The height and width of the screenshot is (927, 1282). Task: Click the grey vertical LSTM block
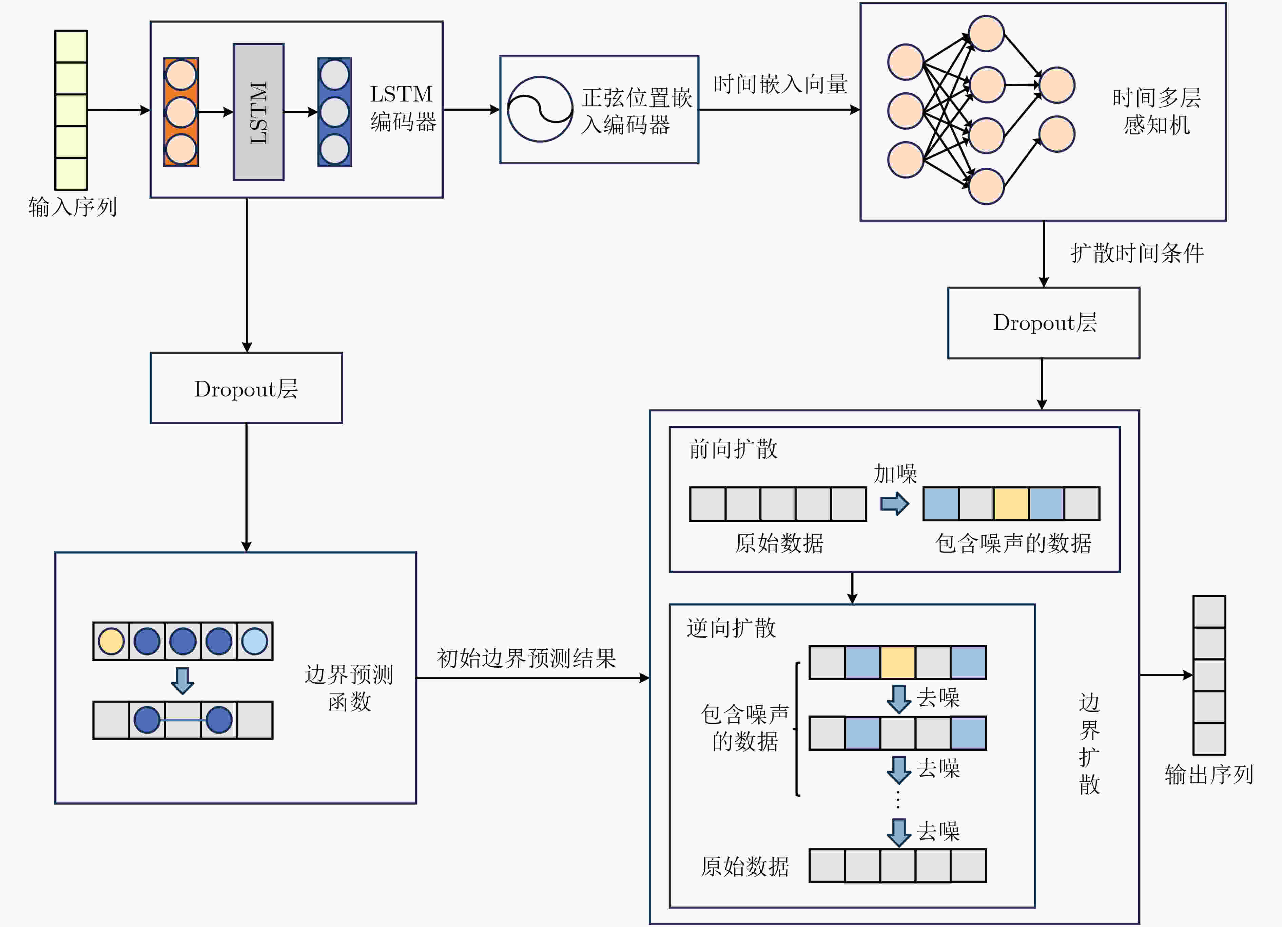pyautogui.click(x=258, y=112)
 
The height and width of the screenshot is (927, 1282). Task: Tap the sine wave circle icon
pyautogui.click(x=540, y=109)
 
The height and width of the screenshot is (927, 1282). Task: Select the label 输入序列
pyautogui.click(x=72, y=207)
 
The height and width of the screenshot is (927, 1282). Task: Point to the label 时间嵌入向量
pyautogui.click(x=780, y=84)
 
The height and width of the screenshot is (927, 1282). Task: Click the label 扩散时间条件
pyautogui.click(x=1137, y=253)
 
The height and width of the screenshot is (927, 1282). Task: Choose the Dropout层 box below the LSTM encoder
pyautogui.click(x=247, y=388)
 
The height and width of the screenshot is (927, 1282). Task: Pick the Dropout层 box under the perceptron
pyautogui.click(x=1044, y=323)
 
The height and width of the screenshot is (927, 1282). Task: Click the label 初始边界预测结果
pyautogui.click(x=526, y=658)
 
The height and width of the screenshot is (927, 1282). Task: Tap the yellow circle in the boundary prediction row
pyautogui.click(x=111, y=642)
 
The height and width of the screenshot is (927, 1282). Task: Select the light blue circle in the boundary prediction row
pyautogui.click(x=254, y=642)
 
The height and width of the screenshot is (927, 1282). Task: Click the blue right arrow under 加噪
pyautogui.click(x=895, y=503)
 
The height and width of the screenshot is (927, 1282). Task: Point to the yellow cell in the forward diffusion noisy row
pyautogui.click(x=1011, y=503)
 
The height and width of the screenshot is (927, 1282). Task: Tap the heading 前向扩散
pyautogui.click(x=733, y=449)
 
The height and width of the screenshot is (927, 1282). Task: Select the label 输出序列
pyautogui.click(x=1209, y=774)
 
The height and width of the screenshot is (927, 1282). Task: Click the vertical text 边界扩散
pyautogui.click(x=1089, y=743)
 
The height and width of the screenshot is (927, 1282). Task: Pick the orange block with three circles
pyautogui.click(x=181, y=112)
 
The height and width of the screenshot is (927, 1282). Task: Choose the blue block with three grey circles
pyautogui.click(x=335, y=112)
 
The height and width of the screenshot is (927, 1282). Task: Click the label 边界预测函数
pyautogui.click(x=349, y=688)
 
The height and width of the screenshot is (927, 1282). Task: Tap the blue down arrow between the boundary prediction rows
pyautogui.click(x=182, y=681)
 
